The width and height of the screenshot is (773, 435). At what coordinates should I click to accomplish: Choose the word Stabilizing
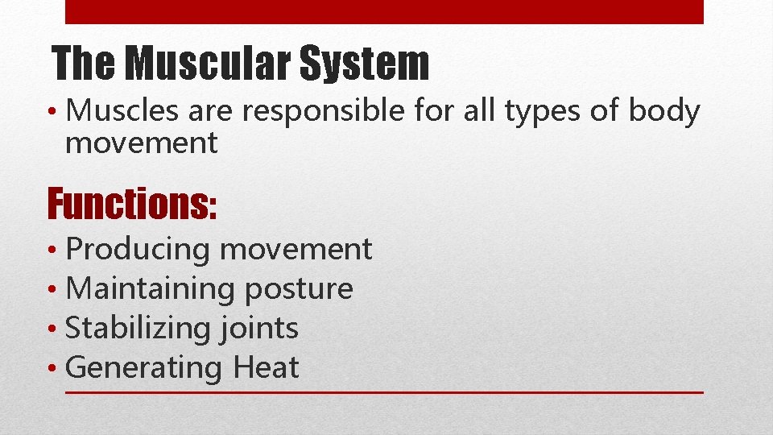pyautogui.click(x=138, y=329)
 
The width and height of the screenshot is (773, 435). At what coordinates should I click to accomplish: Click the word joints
pyautogui.click(x=258, y=329)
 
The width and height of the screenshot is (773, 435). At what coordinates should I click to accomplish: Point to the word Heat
pyautogui.click(x=266, y=367)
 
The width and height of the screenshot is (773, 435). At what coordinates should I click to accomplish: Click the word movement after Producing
pyautogui.click(x=296, y=250)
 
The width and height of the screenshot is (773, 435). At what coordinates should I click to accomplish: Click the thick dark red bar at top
pyautogui.click(x=383, y=11)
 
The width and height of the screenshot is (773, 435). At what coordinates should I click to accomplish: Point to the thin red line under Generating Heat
pyautogui.click(x=383, y=392)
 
